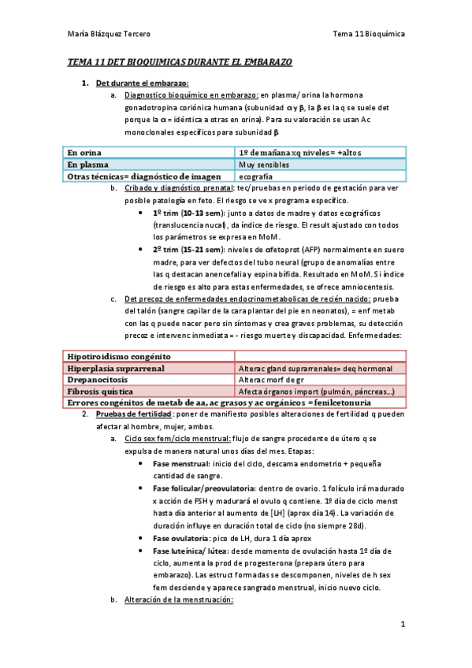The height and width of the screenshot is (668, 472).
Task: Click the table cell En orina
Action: coord(84,152)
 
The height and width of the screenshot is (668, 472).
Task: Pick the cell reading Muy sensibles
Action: coord(263,165)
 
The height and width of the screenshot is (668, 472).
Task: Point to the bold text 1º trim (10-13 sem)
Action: coord(188,214)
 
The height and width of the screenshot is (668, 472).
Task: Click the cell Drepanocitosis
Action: coord(95,380)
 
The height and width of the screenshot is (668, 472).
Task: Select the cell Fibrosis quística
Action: coord(100,391)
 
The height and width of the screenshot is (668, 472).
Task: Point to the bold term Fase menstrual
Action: coord(180,465)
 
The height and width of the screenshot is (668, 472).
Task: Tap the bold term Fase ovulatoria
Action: coord(182,538)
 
